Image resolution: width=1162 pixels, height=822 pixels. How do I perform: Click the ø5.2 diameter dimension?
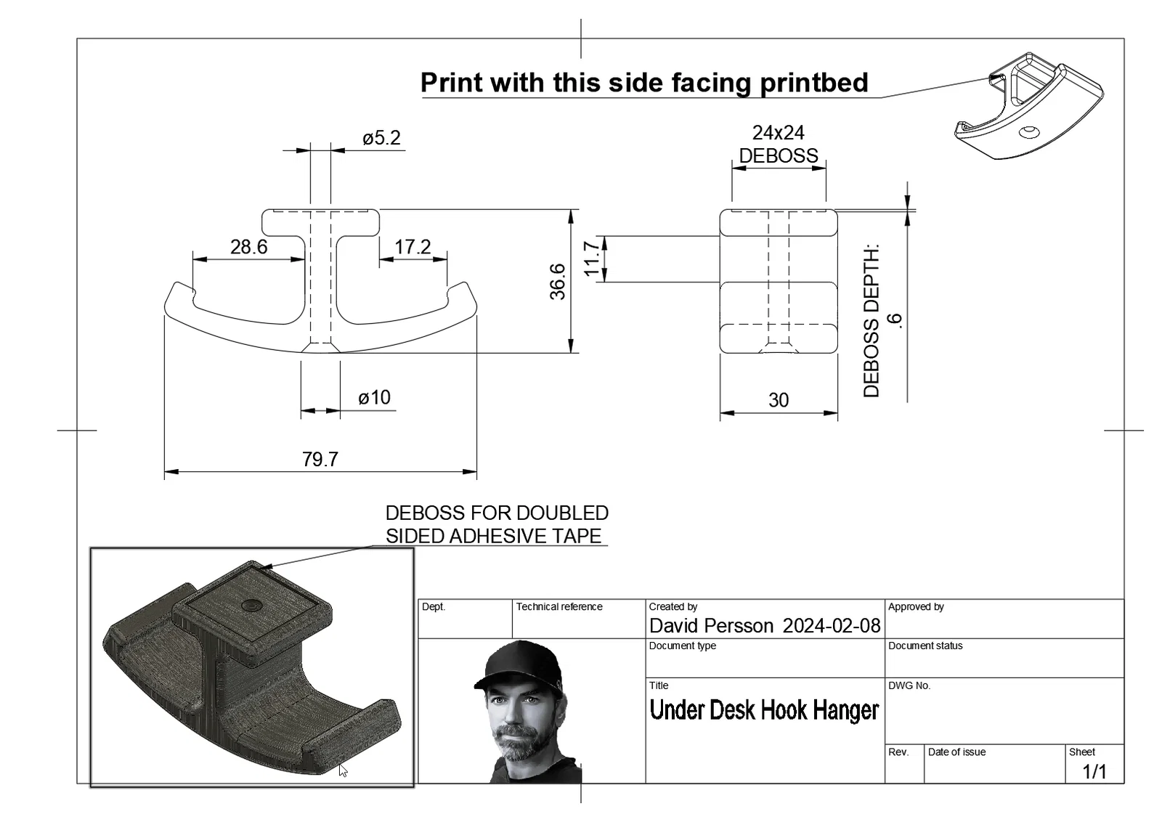381,138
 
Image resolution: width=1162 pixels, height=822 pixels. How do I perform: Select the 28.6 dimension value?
248,247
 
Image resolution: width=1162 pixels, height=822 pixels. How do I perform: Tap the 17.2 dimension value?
413,247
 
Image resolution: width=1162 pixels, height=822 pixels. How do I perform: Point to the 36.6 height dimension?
558,282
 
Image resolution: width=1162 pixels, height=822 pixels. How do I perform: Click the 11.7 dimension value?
592,259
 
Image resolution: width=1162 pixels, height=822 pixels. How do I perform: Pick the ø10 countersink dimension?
374,398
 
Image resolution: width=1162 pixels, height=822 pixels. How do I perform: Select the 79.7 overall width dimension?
320,460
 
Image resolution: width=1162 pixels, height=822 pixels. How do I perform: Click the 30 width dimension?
778,400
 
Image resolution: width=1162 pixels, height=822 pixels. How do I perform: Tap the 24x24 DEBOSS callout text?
778,145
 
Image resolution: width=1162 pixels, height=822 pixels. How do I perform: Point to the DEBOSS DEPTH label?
871,320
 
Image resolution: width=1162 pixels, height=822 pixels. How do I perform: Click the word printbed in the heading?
814,83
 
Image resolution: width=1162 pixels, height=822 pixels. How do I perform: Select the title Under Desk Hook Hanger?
764,710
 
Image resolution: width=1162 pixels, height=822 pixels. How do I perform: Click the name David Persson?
711,626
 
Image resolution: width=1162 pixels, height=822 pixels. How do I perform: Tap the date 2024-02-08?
831,626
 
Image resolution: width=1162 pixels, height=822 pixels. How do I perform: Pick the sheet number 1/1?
1094,772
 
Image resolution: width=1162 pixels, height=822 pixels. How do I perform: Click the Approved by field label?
916,607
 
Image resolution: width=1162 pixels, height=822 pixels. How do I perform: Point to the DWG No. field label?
909,685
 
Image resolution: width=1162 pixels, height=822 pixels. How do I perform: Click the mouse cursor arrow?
343,770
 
